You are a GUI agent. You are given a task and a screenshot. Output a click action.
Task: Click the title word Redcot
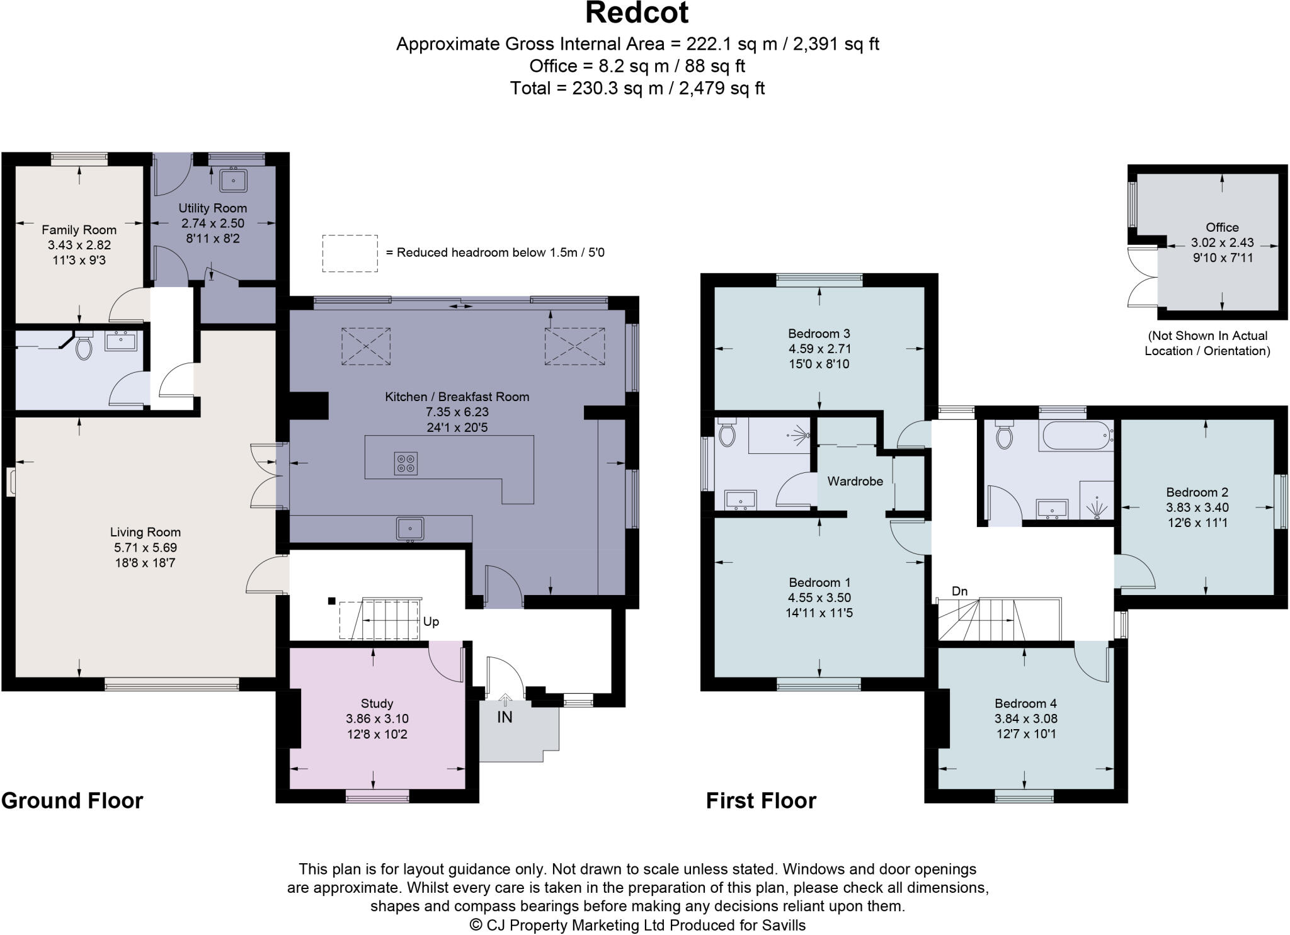point(637,13)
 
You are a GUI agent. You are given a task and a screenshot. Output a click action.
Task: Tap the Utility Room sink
point(233,180)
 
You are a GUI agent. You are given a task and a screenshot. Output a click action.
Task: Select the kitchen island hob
point(406,463)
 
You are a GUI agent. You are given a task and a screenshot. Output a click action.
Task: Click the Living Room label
point(145,532)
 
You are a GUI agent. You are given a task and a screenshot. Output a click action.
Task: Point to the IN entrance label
point(505,717)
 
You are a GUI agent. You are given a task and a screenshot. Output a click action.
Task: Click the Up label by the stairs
point(431,621)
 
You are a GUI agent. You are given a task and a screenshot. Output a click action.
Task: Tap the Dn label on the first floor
point(959,591)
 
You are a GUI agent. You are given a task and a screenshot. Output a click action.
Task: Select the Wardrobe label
point(855,481)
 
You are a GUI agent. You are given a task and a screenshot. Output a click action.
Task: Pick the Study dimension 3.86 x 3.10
point(377,718)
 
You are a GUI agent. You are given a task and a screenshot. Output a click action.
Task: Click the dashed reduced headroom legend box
point(350,253)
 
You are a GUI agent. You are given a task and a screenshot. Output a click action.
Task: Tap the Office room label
point(1222,227)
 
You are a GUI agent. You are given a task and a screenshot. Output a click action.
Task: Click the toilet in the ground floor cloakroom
point(83,347)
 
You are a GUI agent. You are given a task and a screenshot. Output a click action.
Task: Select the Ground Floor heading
point(72,800)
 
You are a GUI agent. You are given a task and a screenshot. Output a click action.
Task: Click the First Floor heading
point(760,800)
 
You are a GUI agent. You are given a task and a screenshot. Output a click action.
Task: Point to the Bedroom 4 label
point(1025,703)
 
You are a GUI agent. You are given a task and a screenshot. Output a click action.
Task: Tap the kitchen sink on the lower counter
point(410,528)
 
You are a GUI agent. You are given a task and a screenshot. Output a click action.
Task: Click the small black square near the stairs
point(331,601)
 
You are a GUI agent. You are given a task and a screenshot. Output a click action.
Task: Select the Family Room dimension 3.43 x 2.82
point(79,245)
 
